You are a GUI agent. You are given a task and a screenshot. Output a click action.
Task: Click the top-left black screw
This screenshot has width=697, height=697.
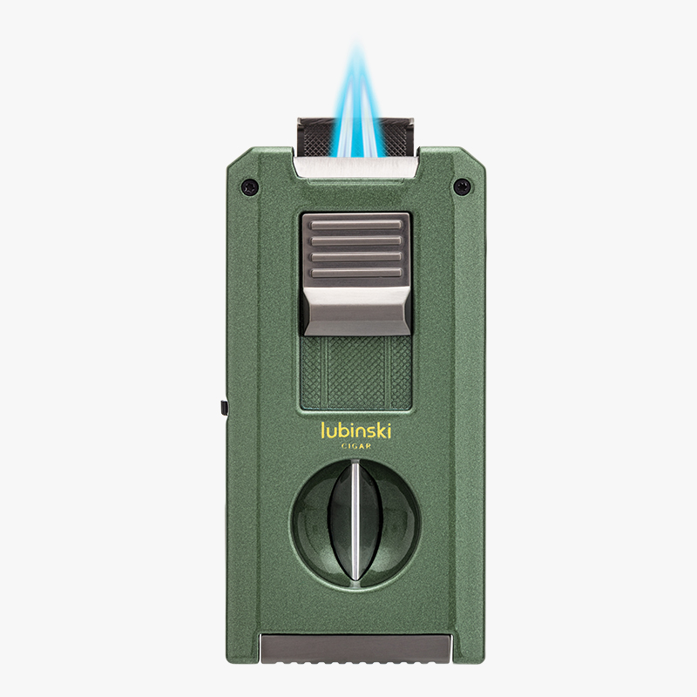[249, 186]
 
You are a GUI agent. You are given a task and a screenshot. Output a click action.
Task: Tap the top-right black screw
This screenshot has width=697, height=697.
[462, 186]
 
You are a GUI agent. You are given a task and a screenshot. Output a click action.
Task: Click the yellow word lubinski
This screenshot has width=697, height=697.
[356, 430]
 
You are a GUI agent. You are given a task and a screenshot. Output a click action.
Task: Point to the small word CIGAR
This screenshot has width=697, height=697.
[356, 446]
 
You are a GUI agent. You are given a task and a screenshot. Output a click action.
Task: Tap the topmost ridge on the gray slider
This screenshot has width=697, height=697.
[356, 225]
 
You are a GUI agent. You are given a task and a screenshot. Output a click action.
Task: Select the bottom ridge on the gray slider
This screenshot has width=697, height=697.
[356, 273]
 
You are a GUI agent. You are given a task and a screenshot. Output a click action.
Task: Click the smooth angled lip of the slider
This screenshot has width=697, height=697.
[356, 311]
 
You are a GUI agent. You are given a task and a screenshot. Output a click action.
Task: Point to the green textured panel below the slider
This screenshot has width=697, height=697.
[356, 373]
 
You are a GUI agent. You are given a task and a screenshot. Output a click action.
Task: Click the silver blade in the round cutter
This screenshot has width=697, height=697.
[355, 521]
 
